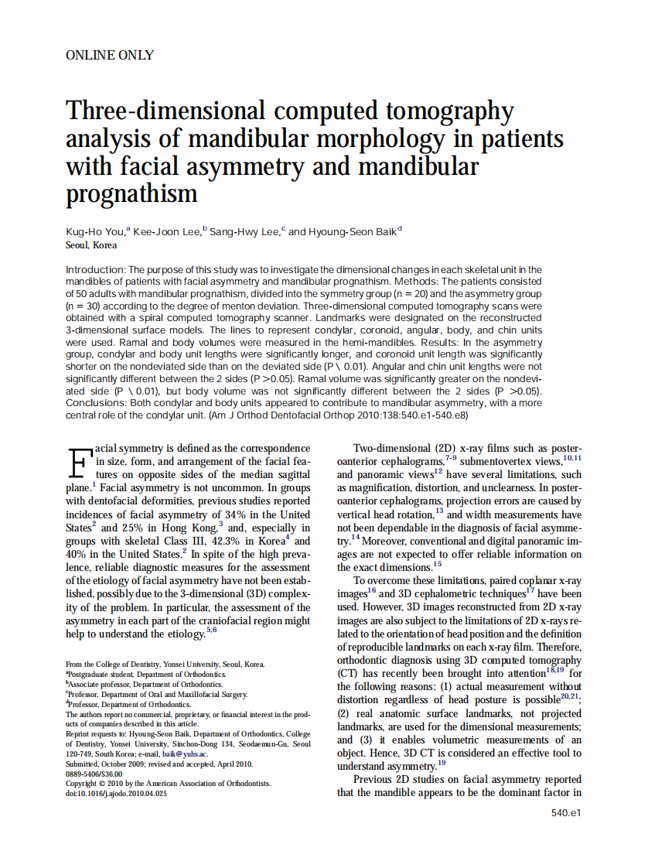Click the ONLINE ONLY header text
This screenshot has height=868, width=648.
coord(110,55)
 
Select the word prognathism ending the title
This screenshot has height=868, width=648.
coord(131,191)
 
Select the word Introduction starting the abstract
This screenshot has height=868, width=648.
coord(95,268)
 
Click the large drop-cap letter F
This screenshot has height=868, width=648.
coord(77,462)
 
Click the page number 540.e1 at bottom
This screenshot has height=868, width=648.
coord(566,812)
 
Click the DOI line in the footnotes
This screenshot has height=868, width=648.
coord(116,794)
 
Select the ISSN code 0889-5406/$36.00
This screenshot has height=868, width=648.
coord(94,774)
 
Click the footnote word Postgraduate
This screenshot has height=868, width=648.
coord(90,675)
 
